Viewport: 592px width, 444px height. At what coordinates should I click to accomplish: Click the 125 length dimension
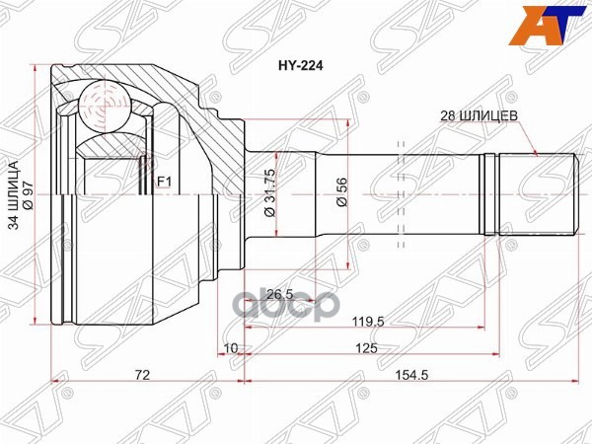[367, 348]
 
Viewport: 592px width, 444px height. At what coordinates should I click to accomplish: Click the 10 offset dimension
[230, 348]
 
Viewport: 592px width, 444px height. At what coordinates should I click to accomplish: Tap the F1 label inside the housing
[165, 181]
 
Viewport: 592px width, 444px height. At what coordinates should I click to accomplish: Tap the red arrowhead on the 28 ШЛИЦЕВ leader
[534, 153]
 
